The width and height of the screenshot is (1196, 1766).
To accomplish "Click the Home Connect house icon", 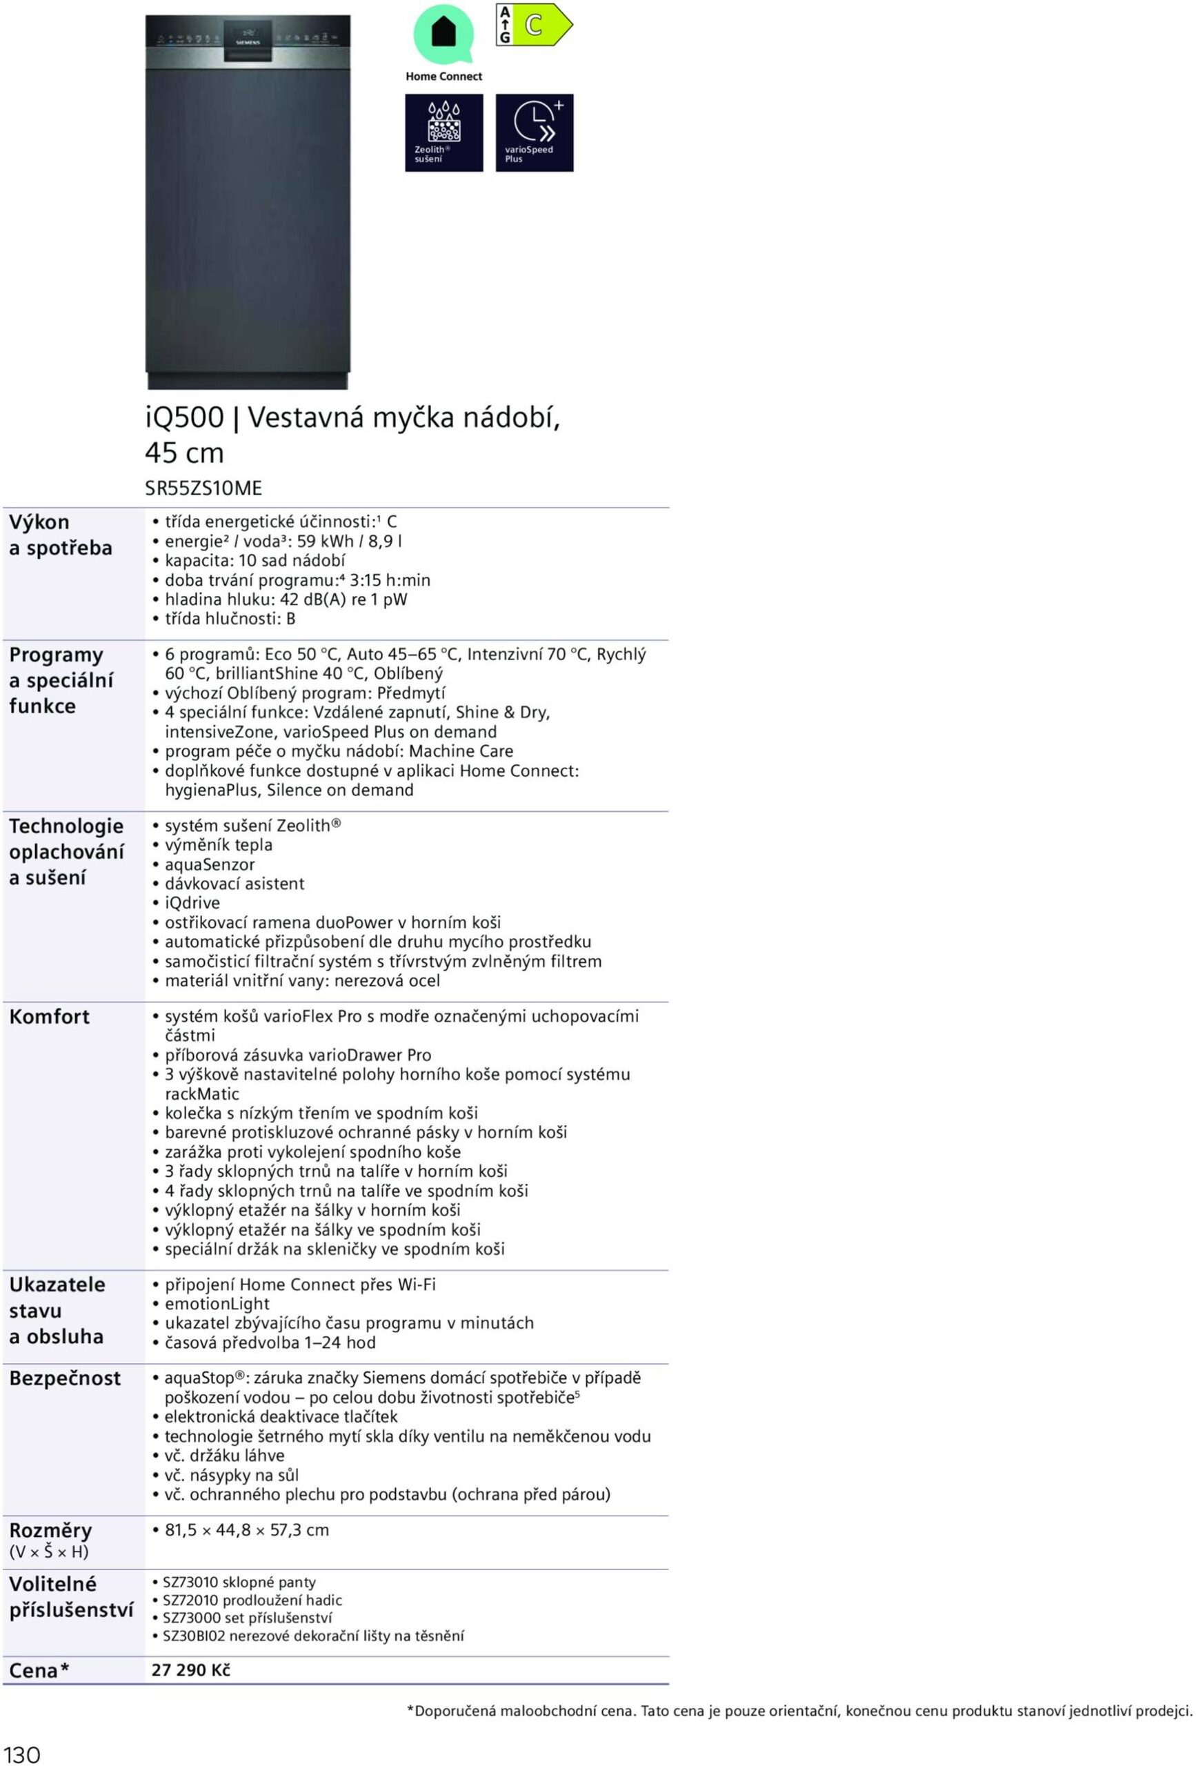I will click(443, 33).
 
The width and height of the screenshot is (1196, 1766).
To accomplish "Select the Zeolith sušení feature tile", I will click(443, 133).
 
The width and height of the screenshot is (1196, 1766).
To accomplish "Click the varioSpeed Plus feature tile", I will click(534, 133).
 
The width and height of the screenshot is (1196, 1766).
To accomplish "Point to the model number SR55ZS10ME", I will click(203, 488).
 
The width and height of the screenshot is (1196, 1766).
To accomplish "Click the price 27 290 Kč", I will click(191, 1669).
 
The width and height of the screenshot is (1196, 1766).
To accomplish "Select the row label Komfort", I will click(50, 1017).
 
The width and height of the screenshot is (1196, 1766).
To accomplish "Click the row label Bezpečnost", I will click(65, 1378).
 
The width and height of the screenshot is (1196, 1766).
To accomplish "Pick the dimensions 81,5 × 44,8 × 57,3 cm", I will click(247, 1529).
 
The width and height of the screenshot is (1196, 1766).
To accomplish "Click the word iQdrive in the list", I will click(192, 903).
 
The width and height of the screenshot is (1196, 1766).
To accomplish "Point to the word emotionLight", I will click(217, 1303).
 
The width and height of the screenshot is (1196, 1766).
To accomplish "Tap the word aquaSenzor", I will click(210, 864).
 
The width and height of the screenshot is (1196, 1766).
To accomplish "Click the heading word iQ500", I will click(185, 417).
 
